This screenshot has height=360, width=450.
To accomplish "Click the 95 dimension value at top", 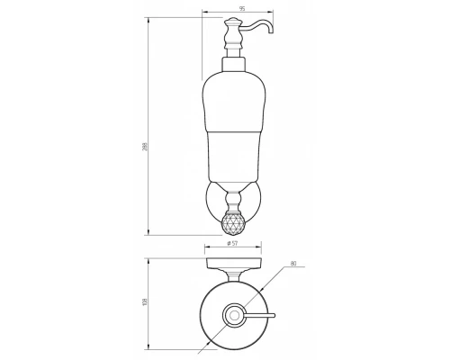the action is tap(242, 9).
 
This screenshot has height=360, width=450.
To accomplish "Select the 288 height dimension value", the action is tap(145, 147).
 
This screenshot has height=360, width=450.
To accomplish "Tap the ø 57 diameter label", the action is tap(232, 243).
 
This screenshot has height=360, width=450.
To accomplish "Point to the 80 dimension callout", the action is tap(293, 264).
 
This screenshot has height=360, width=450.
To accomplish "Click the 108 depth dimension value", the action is tap(146, 301).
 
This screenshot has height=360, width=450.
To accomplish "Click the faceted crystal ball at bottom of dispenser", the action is tap(233, 223).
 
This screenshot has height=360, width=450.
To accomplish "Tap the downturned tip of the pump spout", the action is tap(271, 31).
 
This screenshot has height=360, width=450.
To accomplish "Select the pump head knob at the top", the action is tap(232, 22).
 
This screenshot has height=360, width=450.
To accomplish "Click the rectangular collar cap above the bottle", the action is tap(233, 65).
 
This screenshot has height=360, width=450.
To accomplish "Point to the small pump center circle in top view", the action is tap(234, 315).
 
